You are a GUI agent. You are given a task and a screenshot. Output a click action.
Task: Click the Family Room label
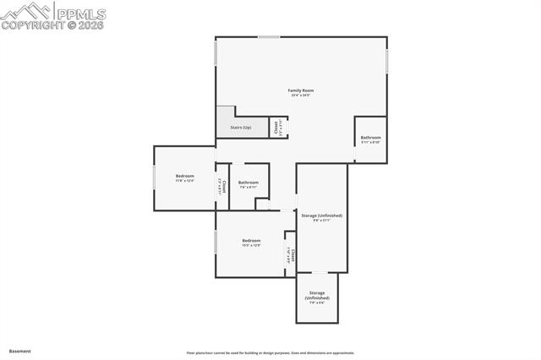click(301, 90)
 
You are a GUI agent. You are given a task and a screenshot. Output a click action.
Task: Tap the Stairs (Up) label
click(241, 128)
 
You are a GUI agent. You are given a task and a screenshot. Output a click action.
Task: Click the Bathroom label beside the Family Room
click(370, 138)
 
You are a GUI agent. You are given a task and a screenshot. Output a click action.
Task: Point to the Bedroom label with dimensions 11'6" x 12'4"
click(185, 176)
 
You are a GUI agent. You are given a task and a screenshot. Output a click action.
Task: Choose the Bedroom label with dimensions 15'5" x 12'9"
click(251, 241)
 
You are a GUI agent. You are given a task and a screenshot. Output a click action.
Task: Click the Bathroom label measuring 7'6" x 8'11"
click(248, 183)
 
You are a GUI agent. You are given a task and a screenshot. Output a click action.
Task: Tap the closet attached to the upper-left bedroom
click(222, 185)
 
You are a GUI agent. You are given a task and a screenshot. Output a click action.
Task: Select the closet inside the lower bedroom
click(291, 254)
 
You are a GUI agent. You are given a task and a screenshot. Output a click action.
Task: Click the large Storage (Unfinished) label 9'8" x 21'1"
click(321, 216)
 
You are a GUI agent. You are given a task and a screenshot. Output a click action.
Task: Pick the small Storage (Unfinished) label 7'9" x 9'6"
click(316, 295)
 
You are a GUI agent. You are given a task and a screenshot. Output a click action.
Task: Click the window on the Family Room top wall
click(269, 36)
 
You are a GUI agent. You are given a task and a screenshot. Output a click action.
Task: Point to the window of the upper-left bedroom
click(154, 177)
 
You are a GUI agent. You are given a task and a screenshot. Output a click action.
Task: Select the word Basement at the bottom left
click(19, 351)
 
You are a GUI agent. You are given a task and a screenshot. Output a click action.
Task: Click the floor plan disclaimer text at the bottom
click(270, 353)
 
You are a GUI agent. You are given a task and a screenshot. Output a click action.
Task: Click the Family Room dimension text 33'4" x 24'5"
click(301, 95)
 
